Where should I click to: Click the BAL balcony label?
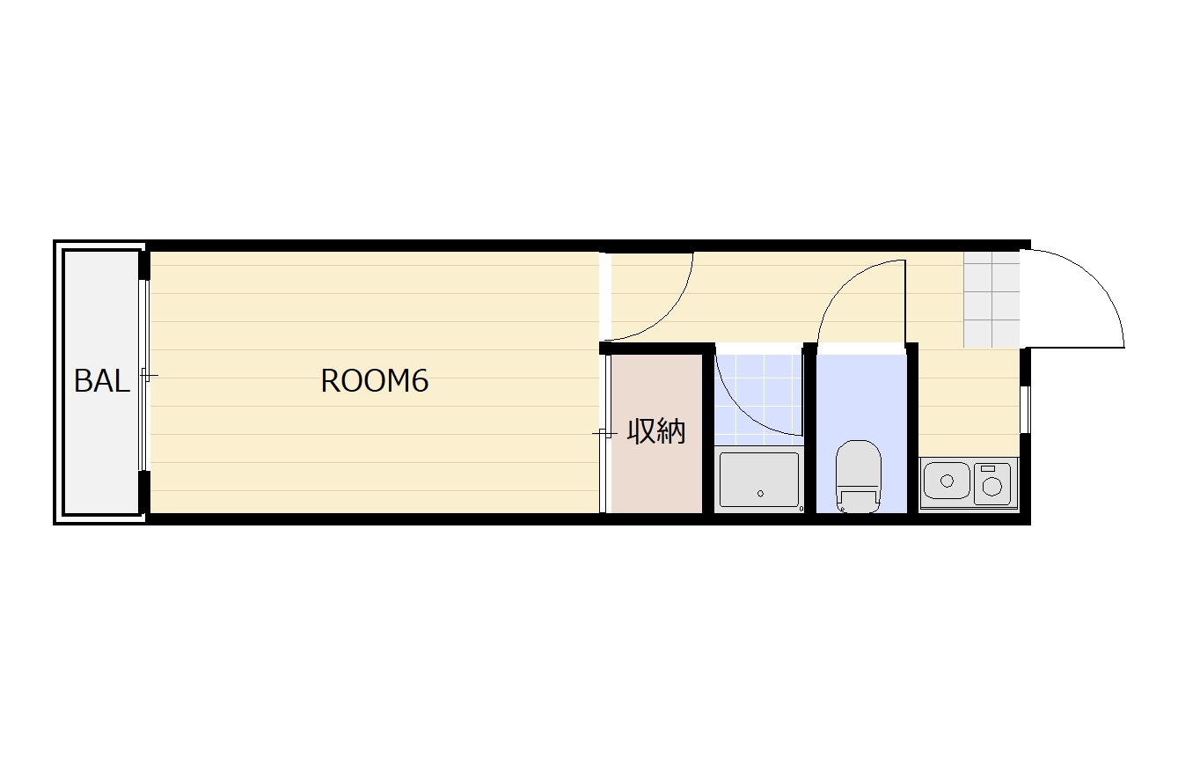pos(101,381)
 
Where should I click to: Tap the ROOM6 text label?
pos(375,381)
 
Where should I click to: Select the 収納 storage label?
pos(655,432)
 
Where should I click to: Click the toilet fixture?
pos(859,476)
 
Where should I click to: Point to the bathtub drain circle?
pos(760,494)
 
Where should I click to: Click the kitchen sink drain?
pos(947,481)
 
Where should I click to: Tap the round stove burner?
pos(991,487)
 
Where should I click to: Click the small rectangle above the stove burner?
pos(988,468)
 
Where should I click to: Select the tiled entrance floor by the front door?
pos(991,299)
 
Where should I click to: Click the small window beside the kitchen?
pos(1025,409)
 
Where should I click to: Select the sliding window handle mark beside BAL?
pos(148,375)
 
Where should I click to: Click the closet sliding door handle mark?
pos(604,434)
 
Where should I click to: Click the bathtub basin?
pos(759,480)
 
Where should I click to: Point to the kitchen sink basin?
pos(947,480)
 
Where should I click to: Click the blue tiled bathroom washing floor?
pos(759,400)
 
